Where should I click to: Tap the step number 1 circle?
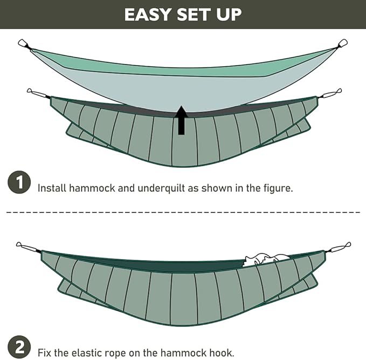pyautogui.click(x=19, y=183)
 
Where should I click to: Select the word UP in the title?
pyautogui.click(x=229, y=15)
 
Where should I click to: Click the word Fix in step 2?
pyautogui.click(x=45, y=352)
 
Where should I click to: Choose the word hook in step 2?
pyautogui.click(x=221, y=352)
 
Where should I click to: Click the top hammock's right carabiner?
pyautogui.click(x=343, y=43)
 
